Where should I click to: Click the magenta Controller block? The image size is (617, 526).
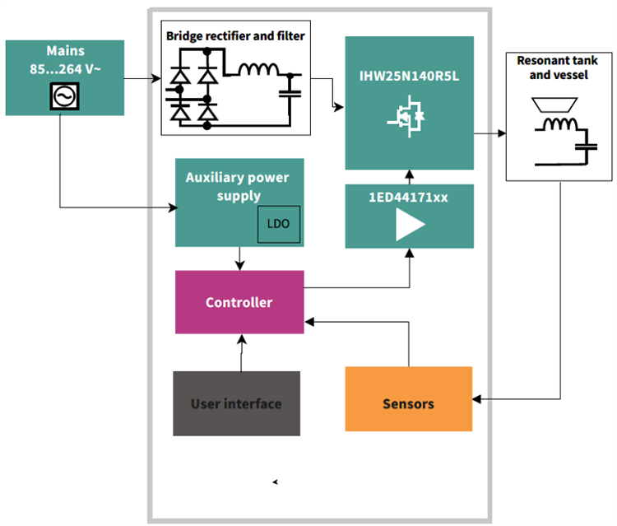pyautogui.click(x=239, y=302)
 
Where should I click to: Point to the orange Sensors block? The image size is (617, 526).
pyautogui.click(x=408, y=403)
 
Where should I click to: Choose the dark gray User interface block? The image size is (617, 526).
pyautogui.click(x=236, y=403)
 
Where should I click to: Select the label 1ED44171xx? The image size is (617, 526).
pyautogui.click(x=409, y=198)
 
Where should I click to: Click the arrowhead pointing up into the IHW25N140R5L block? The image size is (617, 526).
pyautogui.click(x=409, y=174)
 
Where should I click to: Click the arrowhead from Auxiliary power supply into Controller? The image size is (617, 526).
pyautogui.click(x=239, y=265)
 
